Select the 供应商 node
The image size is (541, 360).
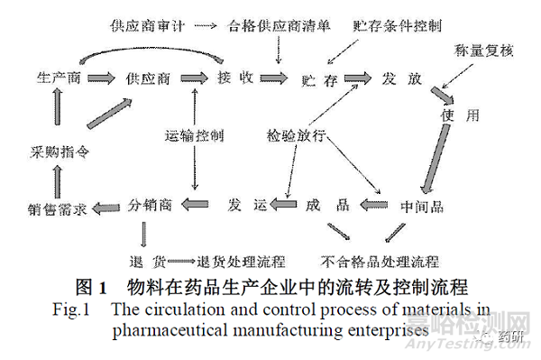pyautogui.click(x=149, y=79)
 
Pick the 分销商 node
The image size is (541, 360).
pyautogui.click(x=149, y=202)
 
